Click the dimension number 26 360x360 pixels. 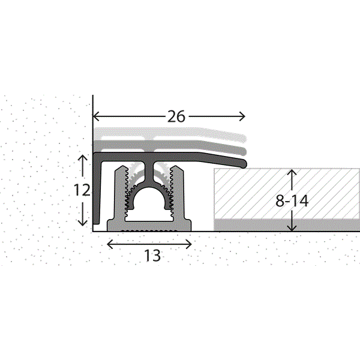[x=176, y=116]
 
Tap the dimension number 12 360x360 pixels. [x=82, y=190]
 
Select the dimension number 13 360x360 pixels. [x=152, y=256]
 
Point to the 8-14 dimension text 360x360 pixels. [x=292, y=201]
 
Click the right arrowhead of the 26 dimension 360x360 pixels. [x=242, y=116]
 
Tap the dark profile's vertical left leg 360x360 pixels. [x=97, y=192]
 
